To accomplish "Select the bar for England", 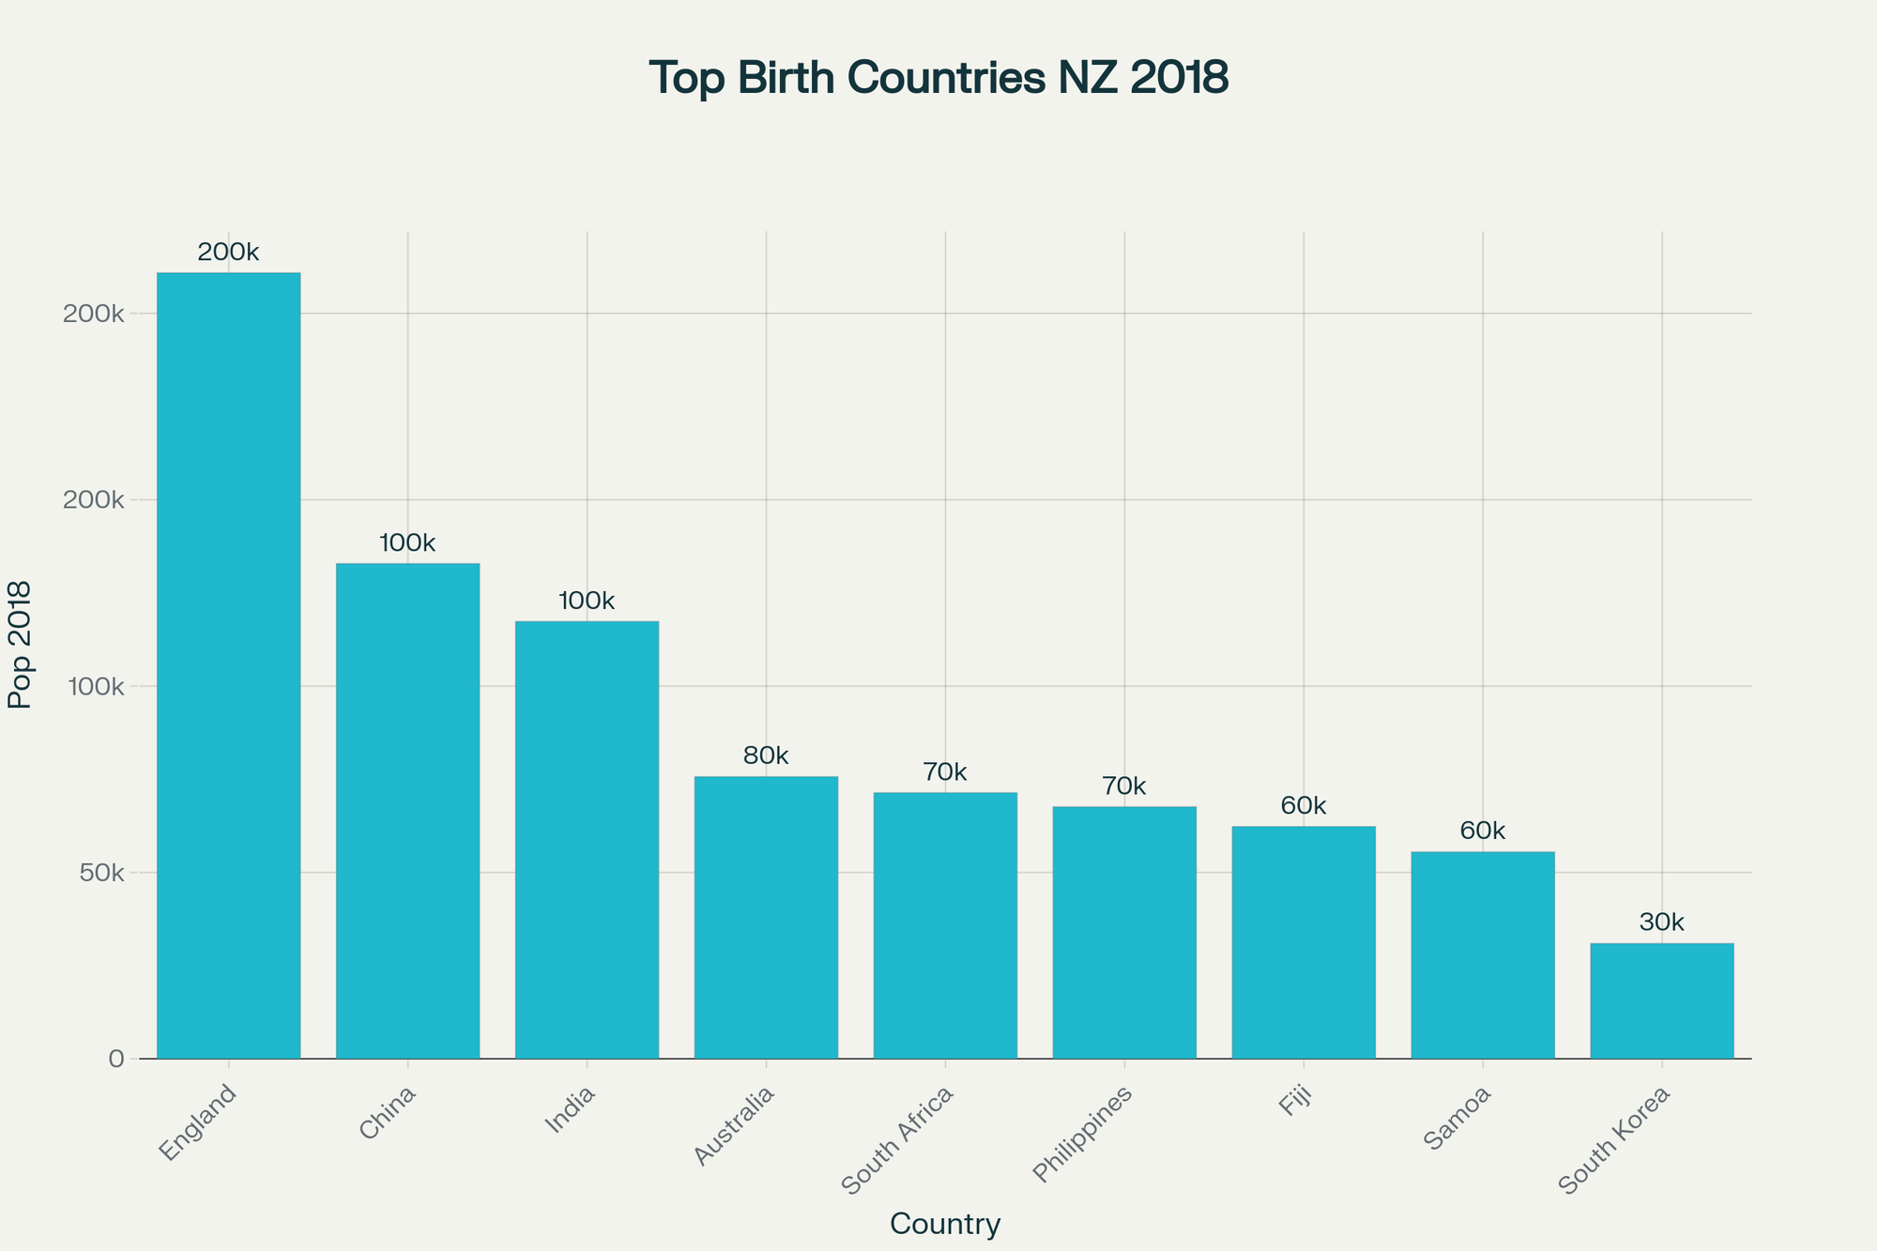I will pyautogui.click(x=228, y=665).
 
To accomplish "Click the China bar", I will pyautogui.click(x=407, y=811).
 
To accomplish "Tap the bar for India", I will pyautogui.click(x=587, y=840).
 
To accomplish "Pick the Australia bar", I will pyautogui.click(x=766, y=917).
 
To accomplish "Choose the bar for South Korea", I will pyautogui.click(x=1661, y=1000).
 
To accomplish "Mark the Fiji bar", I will pyautogui.click(x=1304, y=942).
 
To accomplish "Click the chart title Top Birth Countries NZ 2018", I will pyautogui.click(x=938, y=78).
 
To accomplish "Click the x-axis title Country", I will pyautogui.click(x=945, y=1225).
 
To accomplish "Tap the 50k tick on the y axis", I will pyautogui.click(x=100, y=873).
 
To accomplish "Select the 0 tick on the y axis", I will pyautogui.click(x=116, y=1059).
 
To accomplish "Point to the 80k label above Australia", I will pyautogui.click(x=766, y=756).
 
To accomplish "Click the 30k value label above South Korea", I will pyautogui.click(x=1661, y=923).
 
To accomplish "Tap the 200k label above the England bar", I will pyautogui.click(x=228, y=252).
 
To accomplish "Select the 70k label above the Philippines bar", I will pyautogui.click(x=1124, y=786).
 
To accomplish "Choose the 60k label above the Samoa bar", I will pyautogui.click(x=1483, y=831).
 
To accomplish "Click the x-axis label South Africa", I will pyautogui.click(x=899, y=1139).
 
